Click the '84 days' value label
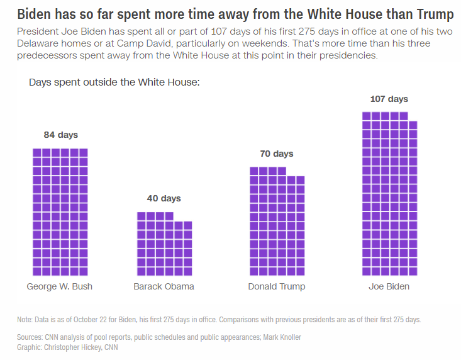pyautogui.click(x=61, y=135)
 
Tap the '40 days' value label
pyautogui.click(x=164, y=198)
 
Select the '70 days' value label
pyautogui.click(x=277, y=154)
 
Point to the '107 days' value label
pyautogui.click(x=389, y=99)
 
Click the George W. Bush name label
pyautogui.click(x=59, y=286)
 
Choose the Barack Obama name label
pyautogui.click(x=164, y=286)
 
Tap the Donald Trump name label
pyautogui.click(x=277, y=286)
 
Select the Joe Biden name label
pyautogui.click(x=389, y=286)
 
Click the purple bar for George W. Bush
pyautogui.click(x=60, y=212)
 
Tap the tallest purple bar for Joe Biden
pyautogui.click(x=389, y=194)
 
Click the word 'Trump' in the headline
pyautogui.click(x=435, y=14)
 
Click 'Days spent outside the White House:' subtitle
pyautogui.click(x=114, y=82)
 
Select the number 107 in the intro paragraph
pyautogui.click(x=219, y=31)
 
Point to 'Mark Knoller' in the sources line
pyautogui.click(x=282, y=337)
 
